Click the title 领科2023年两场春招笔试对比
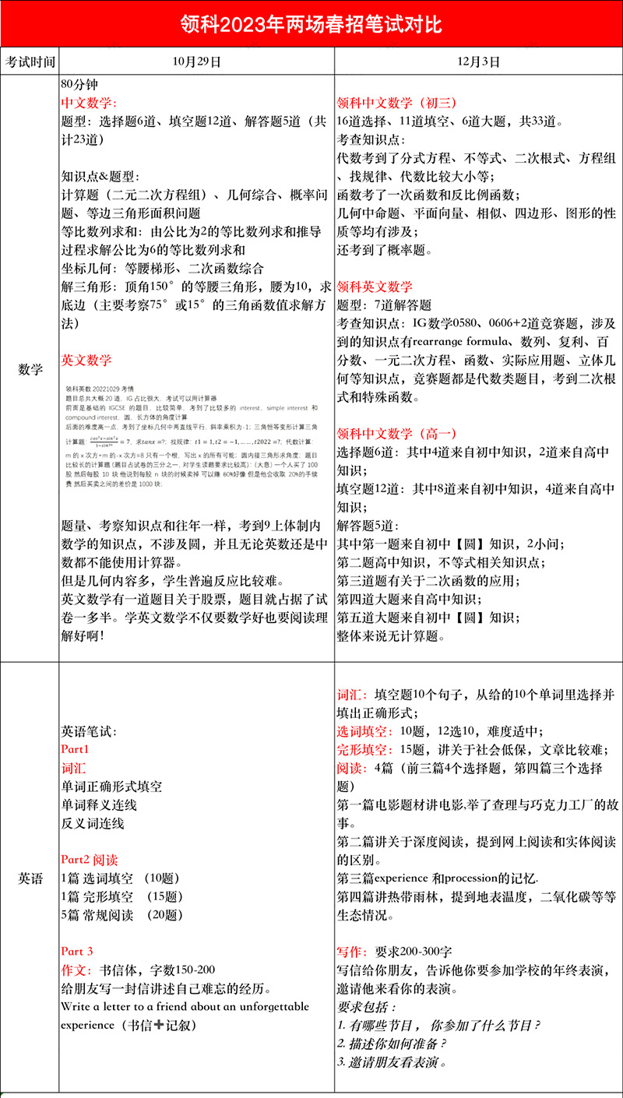click(x=311, y=23)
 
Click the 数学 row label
click(x=30, y=369)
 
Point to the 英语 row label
click(x=30, y=878)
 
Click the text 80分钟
click(x=81, y=83)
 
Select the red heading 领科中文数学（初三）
click(x=396, y=103)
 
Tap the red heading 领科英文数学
click(x=375, y=287)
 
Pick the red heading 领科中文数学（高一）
click(x=396, y=433)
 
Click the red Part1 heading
click(x=76, y=749)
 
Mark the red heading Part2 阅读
click(x=90, y=860)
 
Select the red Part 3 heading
click(x=77, y=952)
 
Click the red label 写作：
click(x=354, y=952)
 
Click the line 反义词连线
click(x=93, y=823)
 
